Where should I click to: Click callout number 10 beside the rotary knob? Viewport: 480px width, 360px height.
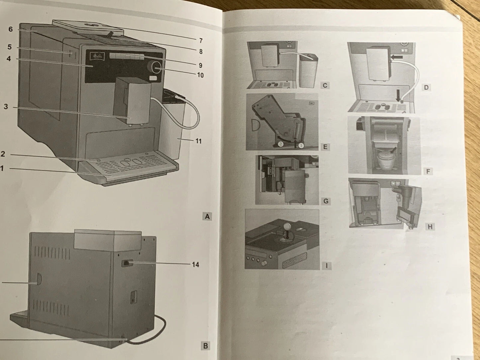tap(200, 75)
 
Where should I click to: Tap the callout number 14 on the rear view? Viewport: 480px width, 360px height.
tap(195, 264)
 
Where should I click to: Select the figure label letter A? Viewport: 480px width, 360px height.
tap(207, 217)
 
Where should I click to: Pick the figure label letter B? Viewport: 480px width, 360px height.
tap(206, 346)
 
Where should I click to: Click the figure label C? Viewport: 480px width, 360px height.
tap(325, 85)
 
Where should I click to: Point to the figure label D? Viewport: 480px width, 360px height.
tap(426, 88)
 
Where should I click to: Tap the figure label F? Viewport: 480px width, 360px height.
tap(428, 171)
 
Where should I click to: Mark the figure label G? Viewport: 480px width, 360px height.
tap(326, 201)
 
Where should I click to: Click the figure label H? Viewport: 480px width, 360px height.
tap(430, 227)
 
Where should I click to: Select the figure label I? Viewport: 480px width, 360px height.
tap(327, 265)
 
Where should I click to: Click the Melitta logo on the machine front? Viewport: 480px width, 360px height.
tap(99, 57)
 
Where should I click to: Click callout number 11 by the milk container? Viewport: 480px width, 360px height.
tap(198, 141)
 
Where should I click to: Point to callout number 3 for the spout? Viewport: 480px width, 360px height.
tap(6, 107)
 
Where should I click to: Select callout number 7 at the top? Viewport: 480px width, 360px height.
tap(201, 41)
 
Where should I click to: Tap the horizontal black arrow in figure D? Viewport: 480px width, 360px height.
tap(397, 57)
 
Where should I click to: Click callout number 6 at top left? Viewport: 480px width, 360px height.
tap(10, 29)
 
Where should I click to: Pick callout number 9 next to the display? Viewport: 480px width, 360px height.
tap(200, 65)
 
